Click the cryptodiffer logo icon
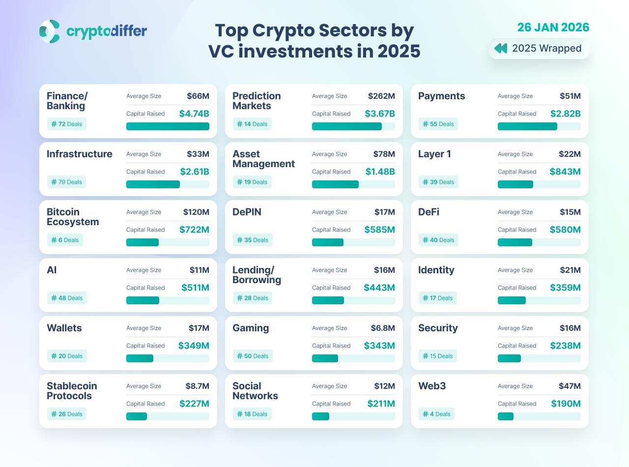(x=50, y=31)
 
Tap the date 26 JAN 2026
(x=553, y=27)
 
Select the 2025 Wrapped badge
(x=539, y=48)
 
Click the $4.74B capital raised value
(x=194, y=114)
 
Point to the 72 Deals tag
(x=67, y=124)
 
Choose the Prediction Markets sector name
(x=257, y=101)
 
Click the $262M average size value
(x=381, y=96)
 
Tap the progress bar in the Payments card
(x=539, y=126)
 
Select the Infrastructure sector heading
(x=80, y=154)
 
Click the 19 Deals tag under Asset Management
(x=252, y=182)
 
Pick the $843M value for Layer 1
(x=565, y=172)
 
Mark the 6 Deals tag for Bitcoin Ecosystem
(x=65, y=240)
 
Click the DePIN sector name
(x=247, y=212)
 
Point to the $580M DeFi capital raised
(x=565, y=230)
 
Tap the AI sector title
(x=52, y=270)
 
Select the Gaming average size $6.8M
(x=383, y=328)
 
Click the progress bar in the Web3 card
(x=539, y=416)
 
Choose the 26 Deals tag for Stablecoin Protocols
(x=67, y=414)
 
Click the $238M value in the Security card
(x=565, y=346)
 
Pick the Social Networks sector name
(x=255, y=391)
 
